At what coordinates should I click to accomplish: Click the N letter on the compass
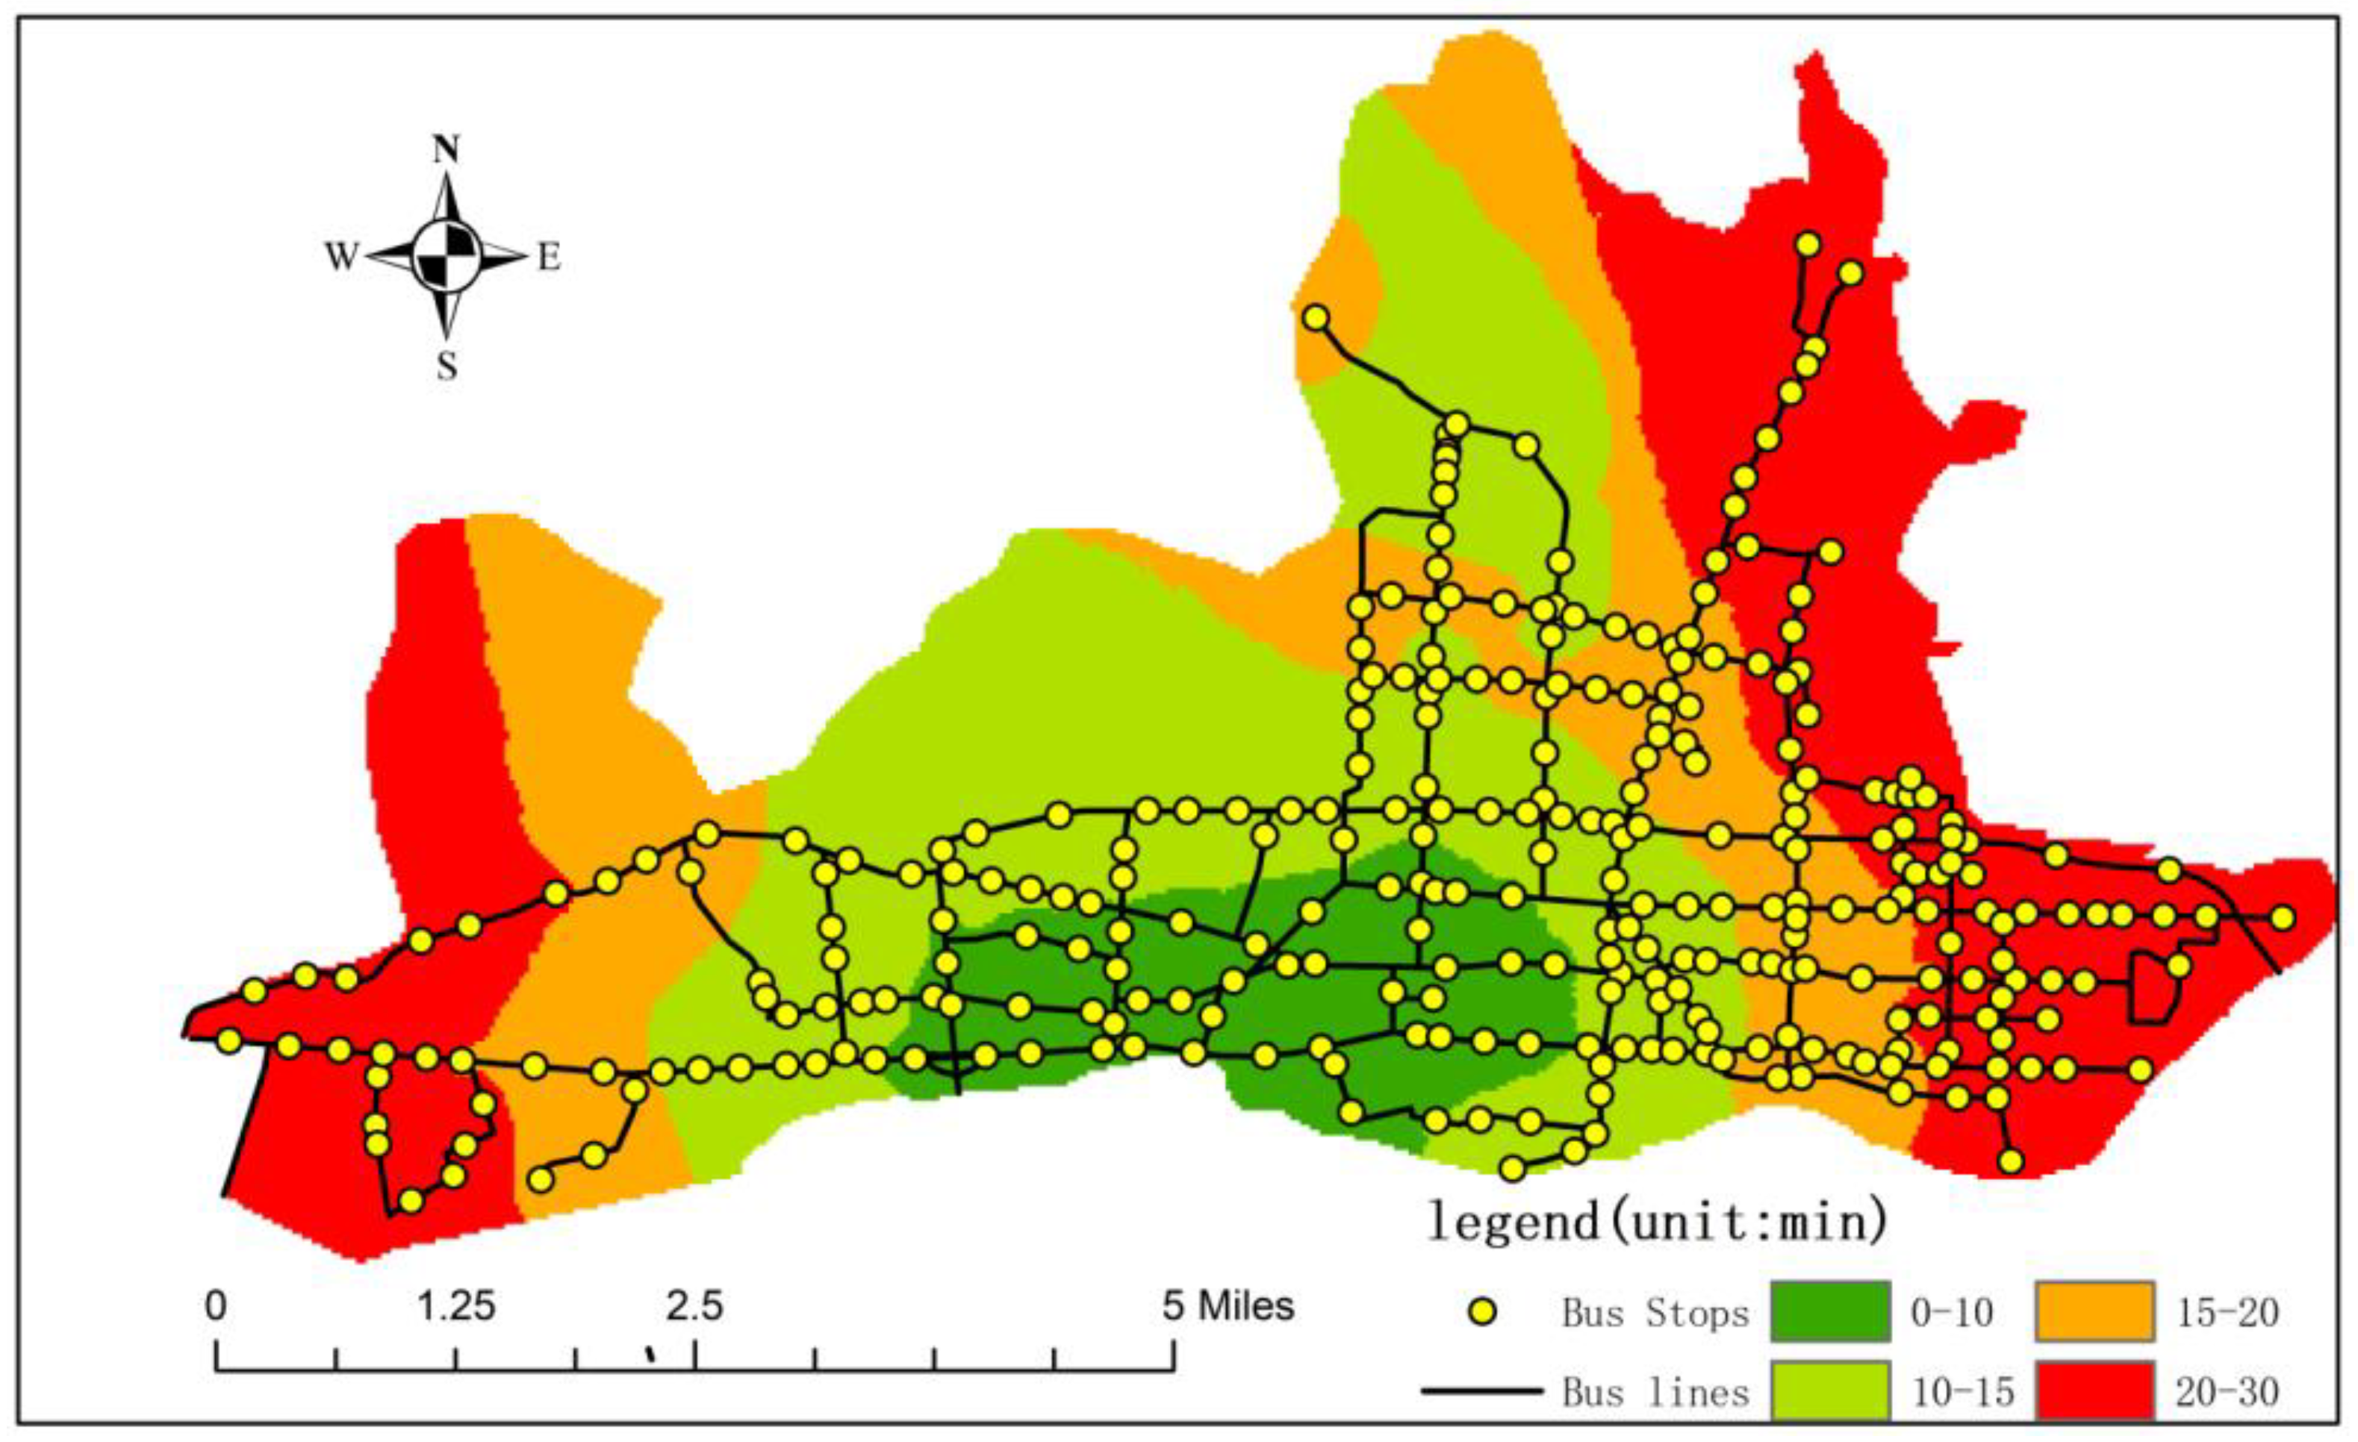446,150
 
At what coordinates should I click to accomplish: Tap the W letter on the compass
340,257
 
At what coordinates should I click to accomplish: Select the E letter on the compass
548,257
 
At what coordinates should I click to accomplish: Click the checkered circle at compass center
446,257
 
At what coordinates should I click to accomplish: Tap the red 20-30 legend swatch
2093,1390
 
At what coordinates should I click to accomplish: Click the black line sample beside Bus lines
1482,1390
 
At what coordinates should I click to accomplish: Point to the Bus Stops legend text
1655,1313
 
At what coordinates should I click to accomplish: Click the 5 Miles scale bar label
1228,1306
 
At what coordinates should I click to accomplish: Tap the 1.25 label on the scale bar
456,1306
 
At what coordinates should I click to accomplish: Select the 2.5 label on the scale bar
694,1306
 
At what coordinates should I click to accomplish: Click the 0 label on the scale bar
217,1306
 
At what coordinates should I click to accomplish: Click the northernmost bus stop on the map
1808,244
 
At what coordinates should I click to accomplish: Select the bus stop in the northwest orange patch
1317,318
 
